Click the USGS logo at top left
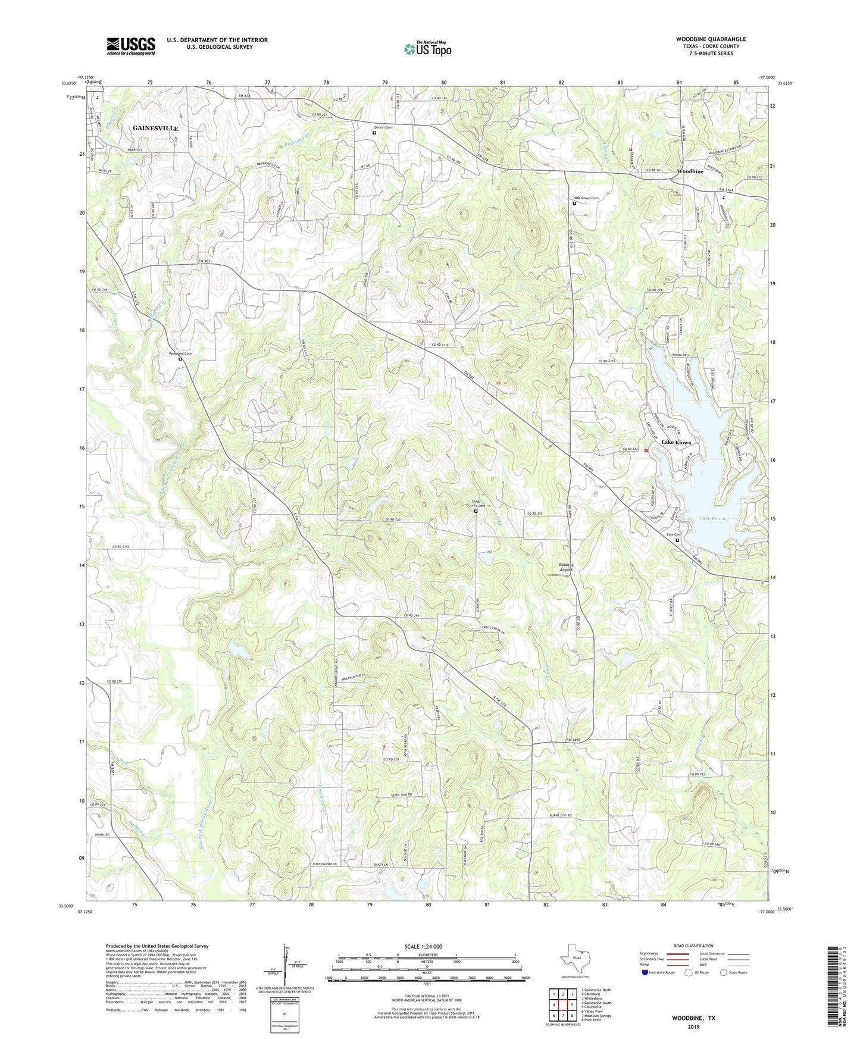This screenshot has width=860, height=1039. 131,45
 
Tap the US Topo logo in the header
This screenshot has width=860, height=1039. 427,49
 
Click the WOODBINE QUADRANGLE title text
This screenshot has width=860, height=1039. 711,39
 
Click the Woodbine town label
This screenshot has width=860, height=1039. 690,171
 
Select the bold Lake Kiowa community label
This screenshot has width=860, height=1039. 676,443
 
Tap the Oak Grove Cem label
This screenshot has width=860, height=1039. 586,198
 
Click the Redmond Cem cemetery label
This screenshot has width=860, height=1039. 180,353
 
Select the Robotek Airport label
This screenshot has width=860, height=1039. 566,567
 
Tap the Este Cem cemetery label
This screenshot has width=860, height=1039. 673,534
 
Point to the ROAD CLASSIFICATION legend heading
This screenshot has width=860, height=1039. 693,946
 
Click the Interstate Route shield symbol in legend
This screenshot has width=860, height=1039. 645,972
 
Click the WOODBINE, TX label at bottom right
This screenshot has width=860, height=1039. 693,1018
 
